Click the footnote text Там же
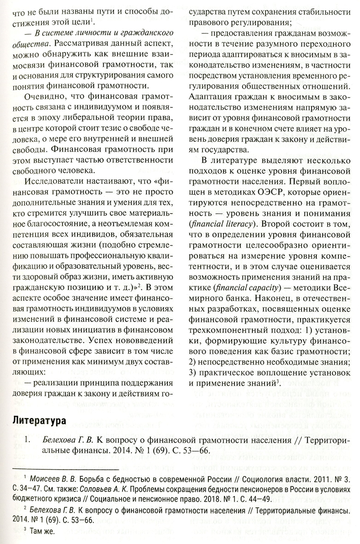[42, 532]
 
